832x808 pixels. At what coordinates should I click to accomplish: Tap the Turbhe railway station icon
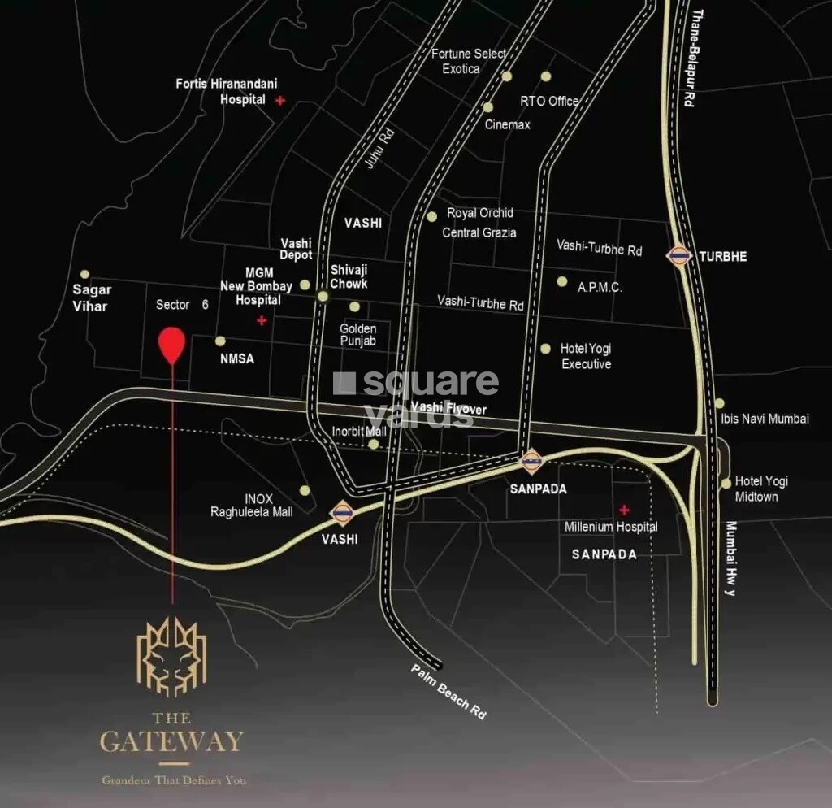(678, 256)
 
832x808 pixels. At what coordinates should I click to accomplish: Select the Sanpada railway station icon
(531, 462)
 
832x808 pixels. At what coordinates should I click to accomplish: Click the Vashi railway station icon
(341, 513)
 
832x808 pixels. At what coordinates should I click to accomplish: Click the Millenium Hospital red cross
(624, 510)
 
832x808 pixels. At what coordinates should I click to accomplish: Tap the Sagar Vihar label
(91, 298)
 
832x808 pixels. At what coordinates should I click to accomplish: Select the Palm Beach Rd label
(449, 690)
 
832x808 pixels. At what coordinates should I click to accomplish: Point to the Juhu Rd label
(379, 147)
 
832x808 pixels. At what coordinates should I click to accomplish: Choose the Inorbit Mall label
(359, 431)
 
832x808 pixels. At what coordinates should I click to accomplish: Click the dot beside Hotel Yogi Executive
(546, 348)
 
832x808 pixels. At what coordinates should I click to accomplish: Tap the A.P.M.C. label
(600, 287)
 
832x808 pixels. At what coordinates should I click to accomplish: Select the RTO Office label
(549, 101)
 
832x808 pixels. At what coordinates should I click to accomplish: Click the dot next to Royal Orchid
(431, 216)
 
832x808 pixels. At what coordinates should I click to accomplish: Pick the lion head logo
(171, 657)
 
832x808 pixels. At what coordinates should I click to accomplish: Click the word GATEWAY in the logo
(171, 741)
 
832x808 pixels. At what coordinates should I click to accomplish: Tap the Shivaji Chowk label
(349, 276)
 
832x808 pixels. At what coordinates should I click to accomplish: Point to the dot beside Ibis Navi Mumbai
(719, 403)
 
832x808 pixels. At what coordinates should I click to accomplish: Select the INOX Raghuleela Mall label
(252, 505)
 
